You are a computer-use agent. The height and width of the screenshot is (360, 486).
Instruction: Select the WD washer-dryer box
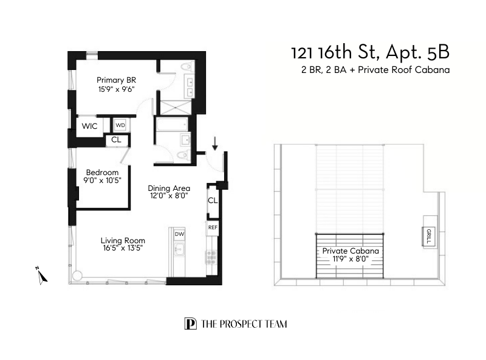pyautogui.click(x=120, y=125)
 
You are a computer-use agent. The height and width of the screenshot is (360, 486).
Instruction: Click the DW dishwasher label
pyautogui.click(x=179, y=234)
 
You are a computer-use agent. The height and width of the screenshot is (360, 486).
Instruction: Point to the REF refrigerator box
pyautogui.click(x=213, y=227)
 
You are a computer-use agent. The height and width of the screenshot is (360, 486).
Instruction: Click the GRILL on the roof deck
pyautogui.click(x=428, y=235)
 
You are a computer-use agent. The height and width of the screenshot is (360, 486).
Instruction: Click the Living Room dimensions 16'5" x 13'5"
pyautogui.click(x=123, y=248)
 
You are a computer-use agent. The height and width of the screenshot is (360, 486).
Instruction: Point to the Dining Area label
pyautogui.click(x=169, y=188)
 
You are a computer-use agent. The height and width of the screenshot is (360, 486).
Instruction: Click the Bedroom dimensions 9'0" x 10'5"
pyautogui.click(x=102, y=181)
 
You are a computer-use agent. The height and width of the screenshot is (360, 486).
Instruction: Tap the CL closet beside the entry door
pyautogui.click(x=213, y=201)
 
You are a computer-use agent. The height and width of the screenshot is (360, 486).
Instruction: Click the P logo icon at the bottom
pyautogui.click(x=190, y=324)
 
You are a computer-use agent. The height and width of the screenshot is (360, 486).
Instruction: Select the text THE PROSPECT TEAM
pyautogui.click(x=244, y=324)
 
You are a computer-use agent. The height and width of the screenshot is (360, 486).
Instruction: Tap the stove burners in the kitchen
pyautogui.click(x=211, y=258)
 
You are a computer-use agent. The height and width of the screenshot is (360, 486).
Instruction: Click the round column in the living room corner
pyautogui.click(x=77, y=275)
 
